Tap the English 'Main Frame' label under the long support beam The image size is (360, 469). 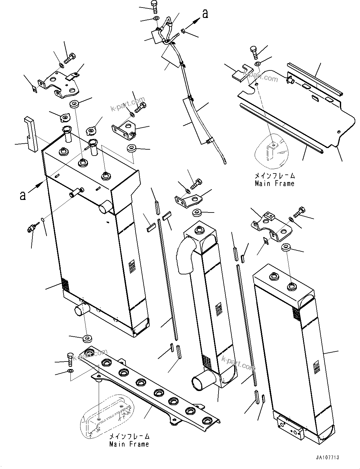129,444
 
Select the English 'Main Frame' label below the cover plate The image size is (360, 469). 274,183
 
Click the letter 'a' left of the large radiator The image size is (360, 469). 23,196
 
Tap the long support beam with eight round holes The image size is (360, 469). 151,390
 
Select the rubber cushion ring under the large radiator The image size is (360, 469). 86,339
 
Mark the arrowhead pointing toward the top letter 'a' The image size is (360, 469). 197,20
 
